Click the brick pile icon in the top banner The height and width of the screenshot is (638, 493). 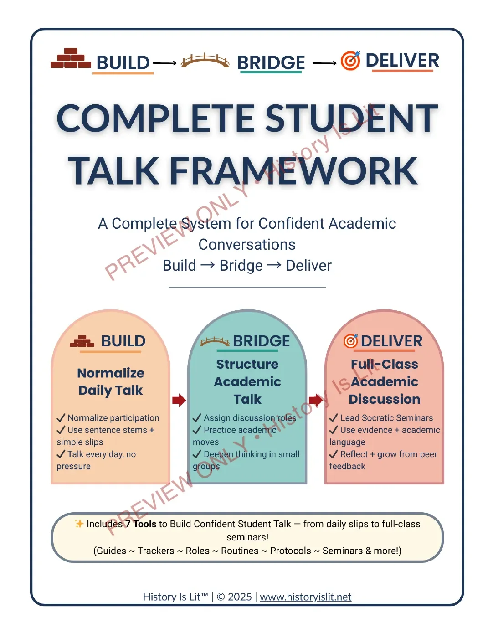(x=71, y=58)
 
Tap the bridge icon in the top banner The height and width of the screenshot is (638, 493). (x=205, y=61)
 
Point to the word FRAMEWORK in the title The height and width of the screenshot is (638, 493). (x=294, y=171)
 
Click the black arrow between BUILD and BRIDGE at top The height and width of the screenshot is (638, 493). (x=164, y=63)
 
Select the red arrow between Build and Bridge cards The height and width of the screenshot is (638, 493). (x=179, y=400)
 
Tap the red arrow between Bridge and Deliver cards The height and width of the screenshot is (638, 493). (x=316, y=400)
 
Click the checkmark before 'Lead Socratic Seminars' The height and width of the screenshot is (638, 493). (x=334, y=417)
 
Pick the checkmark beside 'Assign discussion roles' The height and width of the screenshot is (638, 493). (x=197, y=417)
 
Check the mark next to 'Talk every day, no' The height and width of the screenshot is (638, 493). (x=61, y=454)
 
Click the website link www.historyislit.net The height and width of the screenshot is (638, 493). (x=305, y=597)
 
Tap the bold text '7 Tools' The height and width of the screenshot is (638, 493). (x=141, y=524)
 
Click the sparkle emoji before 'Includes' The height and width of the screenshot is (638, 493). (x=79, y=524)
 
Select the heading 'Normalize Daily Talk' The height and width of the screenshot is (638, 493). (x=111, y=382)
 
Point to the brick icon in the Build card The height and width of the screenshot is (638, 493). (x=82, y=341)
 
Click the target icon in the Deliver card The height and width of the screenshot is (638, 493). (x=351, y=341)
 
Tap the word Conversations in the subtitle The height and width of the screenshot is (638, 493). (x=247, y=245)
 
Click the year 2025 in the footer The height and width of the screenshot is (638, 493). (x=240, y=597)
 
